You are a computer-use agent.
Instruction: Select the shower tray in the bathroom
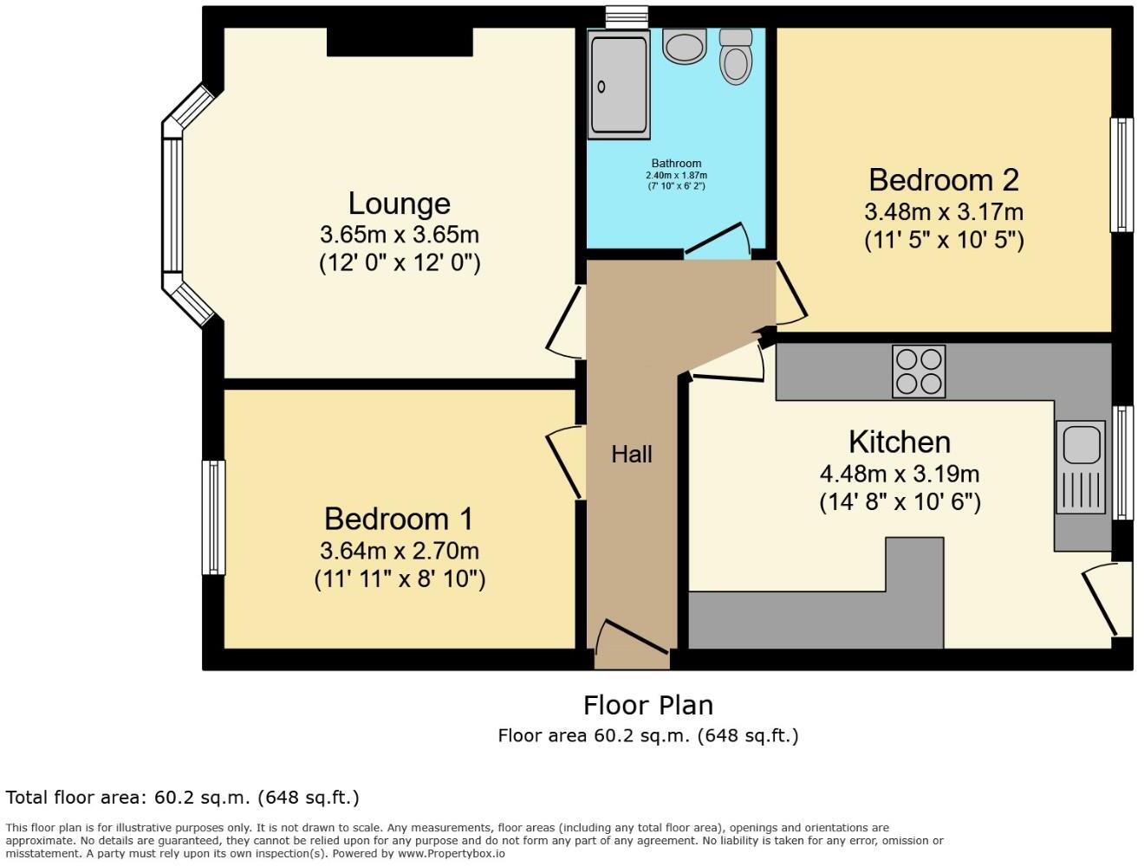(x=619, y=86)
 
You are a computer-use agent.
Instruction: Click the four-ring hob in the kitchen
(x=919, y=372)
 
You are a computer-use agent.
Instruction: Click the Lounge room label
(x=400, y=204)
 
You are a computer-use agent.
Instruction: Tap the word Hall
(x=631, y=454)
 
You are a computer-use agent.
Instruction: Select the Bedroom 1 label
(x=399, y=519)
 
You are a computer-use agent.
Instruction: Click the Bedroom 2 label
(x=944, y=180)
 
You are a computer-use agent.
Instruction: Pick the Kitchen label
(x=900, y=442)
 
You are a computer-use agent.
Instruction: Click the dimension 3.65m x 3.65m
(x=400, y=235)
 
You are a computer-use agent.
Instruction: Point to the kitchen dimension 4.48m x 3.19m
(x=900, y=474)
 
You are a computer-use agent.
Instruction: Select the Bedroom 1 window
(x=213, y=517)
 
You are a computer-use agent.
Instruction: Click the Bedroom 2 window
(x=1121, y=175)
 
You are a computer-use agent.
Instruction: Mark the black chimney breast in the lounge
(x=400, y=42)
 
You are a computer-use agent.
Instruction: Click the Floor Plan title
(x=648, y=705)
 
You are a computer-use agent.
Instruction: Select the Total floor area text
(x=182, y=798)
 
